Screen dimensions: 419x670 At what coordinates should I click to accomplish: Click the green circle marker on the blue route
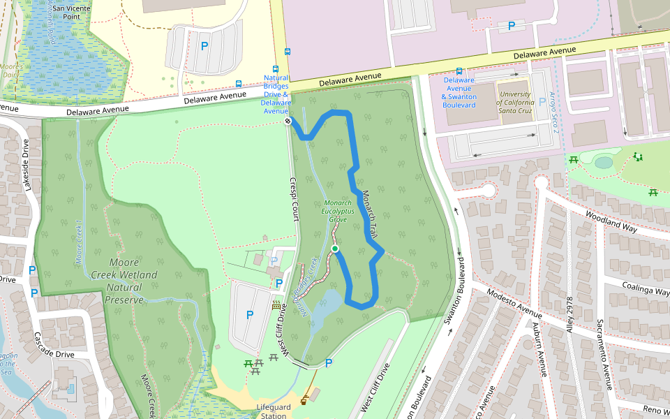click(335, 249)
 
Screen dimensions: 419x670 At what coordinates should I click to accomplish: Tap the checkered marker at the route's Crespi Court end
click(288, 122)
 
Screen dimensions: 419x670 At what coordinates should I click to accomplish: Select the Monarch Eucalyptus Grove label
click(338, 210)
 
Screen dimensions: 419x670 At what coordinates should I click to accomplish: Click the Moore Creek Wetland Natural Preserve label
click(124, 281)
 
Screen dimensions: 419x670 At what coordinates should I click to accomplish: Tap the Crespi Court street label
click(294, 199)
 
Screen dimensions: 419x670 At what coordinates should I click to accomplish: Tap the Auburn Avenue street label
click(537, 350)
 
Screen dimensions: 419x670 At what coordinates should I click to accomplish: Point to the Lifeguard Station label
click(272, 411)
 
